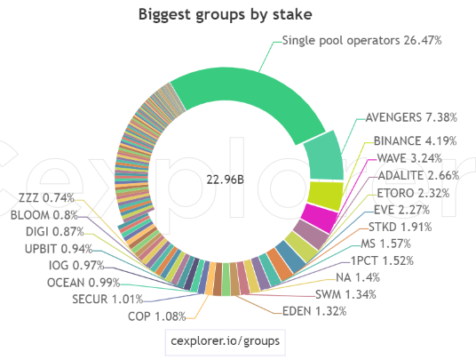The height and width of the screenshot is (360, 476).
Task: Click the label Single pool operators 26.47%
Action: [361, 40]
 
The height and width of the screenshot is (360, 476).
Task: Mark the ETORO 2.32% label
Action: [413, 193]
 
